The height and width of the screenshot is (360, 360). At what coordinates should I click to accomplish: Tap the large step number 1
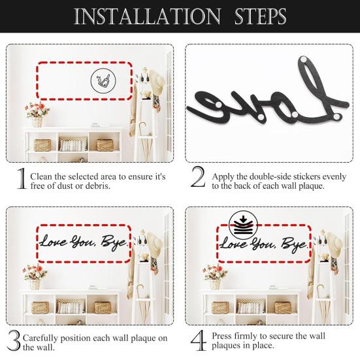click(21, 178)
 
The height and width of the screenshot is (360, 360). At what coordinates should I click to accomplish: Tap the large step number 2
click(197, 178)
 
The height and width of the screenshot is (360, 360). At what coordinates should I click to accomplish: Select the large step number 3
click(14, 340)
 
